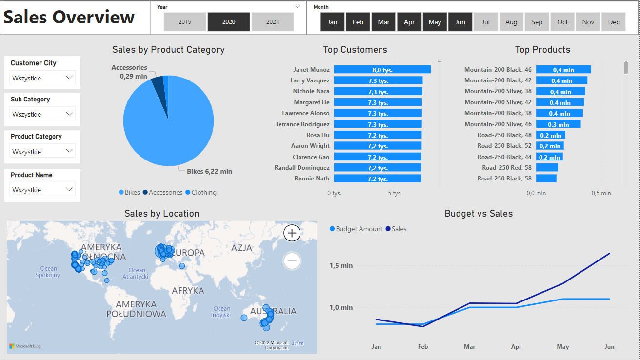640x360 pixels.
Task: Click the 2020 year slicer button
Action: point(229,22)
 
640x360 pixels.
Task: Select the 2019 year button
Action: point(185,22)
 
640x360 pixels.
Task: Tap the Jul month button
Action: point(485,22)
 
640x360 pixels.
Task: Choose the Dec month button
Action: point(614,22)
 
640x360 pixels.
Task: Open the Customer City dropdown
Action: point(42,78)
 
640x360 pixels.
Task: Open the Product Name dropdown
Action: point(42,189)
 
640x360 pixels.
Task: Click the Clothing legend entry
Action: point(200,192)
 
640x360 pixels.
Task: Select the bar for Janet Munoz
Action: point(382,70)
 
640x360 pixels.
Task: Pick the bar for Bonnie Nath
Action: point(377,179)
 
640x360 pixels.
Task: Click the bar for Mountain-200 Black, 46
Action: point(563,70)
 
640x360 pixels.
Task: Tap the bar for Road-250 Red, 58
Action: point(547,168)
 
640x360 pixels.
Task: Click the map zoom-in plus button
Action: point(292,233)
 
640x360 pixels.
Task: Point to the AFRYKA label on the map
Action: point(188,291)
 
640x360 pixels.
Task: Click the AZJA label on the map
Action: point(241,248)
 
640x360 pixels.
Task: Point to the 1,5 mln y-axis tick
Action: point(341,265)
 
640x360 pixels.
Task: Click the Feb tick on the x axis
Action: point(423,347)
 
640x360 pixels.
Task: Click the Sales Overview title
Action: point(69,17)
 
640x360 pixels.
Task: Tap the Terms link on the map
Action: point(298,343)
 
